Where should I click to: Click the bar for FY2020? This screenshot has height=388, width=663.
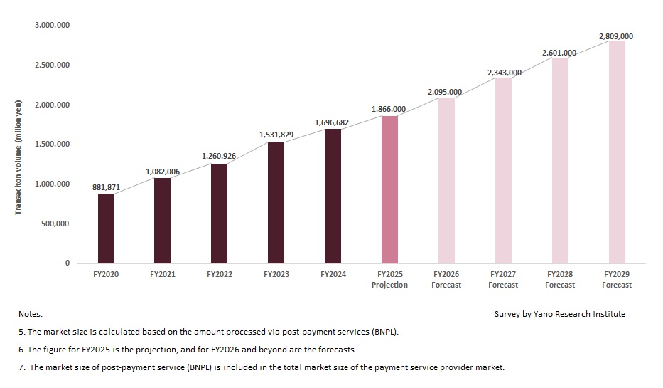pyautogui.click(x=106, y=228)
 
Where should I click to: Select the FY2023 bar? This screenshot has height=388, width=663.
pyautogui.click(x=276, y=203)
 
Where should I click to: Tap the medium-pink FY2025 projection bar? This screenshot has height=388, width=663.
pyautogui.click(x=389, y=189)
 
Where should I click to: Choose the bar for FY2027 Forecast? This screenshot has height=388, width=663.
pyautogui.click(x=503, y=171)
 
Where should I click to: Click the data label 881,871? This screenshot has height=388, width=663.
pyautogui.click(x=106, y=187)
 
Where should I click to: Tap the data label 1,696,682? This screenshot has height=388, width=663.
pyautogui.click(x=333, y=122)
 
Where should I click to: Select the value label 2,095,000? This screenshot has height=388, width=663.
pyautogui.click(x=445, y=92)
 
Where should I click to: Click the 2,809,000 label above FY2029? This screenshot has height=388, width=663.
pyautogui.click(x=616, y=36)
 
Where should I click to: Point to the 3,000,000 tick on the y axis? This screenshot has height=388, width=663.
pyautogui.click(x=52, y=26)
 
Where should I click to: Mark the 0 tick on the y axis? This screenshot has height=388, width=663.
pyautogui.click(x=68, y=263)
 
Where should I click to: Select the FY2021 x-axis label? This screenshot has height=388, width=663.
pyautogui.click(x=163, y=274)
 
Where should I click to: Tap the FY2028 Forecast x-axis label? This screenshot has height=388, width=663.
pyautogui.click(x=560, y=279)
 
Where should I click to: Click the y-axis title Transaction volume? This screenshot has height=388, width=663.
pyautogui.click(x=19, y=156)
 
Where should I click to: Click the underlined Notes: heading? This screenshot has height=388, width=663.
pyautogui.click(x=31, y=314)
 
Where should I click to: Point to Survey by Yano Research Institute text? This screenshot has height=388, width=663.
pyautogui.click(x=560, y=314)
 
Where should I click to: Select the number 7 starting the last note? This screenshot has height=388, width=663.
pyautogui.click(x=21, y=367)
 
